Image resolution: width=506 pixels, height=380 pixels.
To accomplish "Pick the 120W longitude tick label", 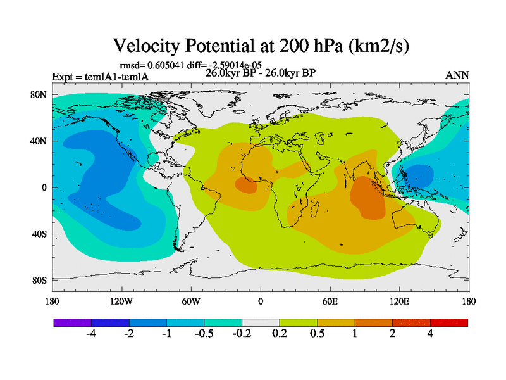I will pos(121,301).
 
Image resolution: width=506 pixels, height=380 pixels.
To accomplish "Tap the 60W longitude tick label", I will pos(191,301).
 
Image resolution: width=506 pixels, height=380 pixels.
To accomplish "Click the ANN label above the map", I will pos(457,75).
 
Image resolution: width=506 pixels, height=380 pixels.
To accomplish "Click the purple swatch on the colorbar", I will pos(72,322).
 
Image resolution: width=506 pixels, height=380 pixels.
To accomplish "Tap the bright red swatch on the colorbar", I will pos(449,322).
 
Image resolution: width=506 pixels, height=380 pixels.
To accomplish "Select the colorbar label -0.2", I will pos(242,334).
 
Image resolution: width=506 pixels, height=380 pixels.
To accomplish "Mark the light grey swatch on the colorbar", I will pos(261,322).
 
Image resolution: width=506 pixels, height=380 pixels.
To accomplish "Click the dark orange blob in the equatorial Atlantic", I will pos(247,186).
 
